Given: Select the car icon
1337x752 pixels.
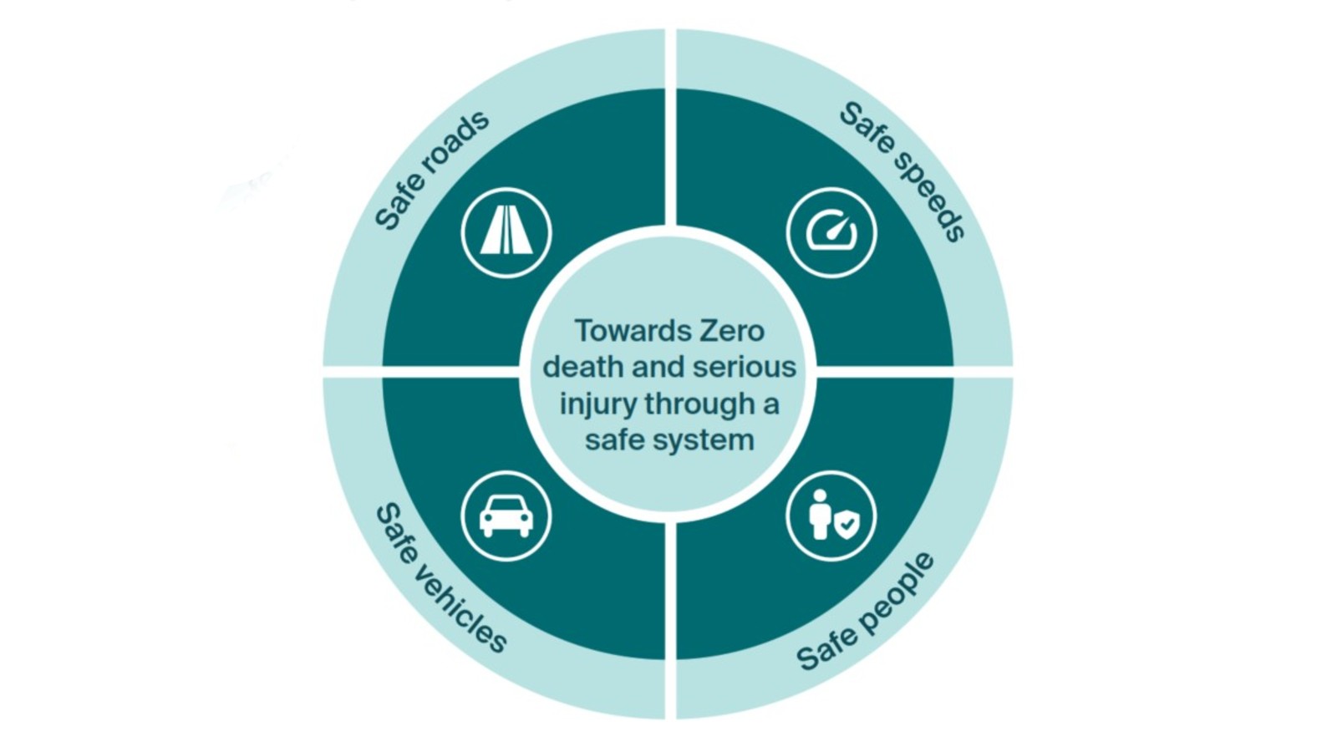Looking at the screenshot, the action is coord(506,516).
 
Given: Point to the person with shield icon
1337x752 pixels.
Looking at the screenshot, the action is coord(831,516).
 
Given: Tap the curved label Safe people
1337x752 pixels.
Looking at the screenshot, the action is coord(866,612).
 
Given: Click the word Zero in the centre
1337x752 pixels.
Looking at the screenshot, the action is coord(732,331).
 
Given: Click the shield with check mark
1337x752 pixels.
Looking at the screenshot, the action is coord(847,523).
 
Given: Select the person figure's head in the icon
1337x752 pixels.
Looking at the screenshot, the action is coord(820,496).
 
